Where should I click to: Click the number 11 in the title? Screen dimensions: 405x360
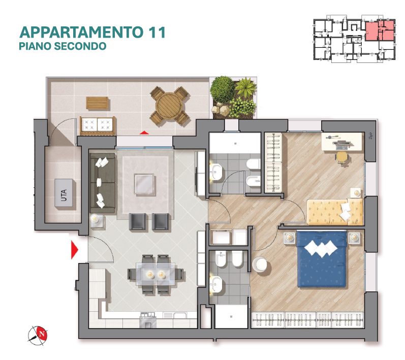tap(157, 32)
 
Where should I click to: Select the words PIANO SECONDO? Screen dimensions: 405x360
tap(63, 46)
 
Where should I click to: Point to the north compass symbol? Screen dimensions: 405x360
tap(38, 335)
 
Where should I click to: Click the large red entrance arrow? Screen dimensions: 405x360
tap(75, 249)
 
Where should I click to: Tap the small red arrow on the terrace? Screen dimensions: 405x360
tap(144, 133)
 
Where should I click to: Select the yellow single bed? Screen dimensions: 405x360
tap(335, 212)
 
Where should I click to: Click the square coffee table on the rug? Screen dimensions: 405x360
tap(144, 184)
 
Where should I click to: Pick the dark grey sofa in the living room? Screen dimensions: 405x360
tap(103, 183)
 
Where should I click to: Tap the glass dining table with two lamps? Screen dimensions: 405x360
tap(155, 274)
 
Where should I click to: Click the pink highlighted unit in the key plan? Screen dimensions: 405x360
tap(380, 30)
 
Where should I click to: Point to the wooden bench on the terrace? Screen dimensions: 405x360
tap(98, 103)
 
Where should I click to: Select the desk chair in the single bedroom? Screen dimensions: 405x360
tap(342, 157)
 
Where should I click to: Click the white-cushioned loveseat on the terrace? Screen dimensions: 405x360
tap(98, 126)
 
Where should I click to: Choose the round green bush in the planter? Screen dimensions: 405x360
tap(223, 89)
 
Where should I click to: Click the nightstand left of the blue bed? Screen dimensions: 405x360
tap(290, 238)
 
